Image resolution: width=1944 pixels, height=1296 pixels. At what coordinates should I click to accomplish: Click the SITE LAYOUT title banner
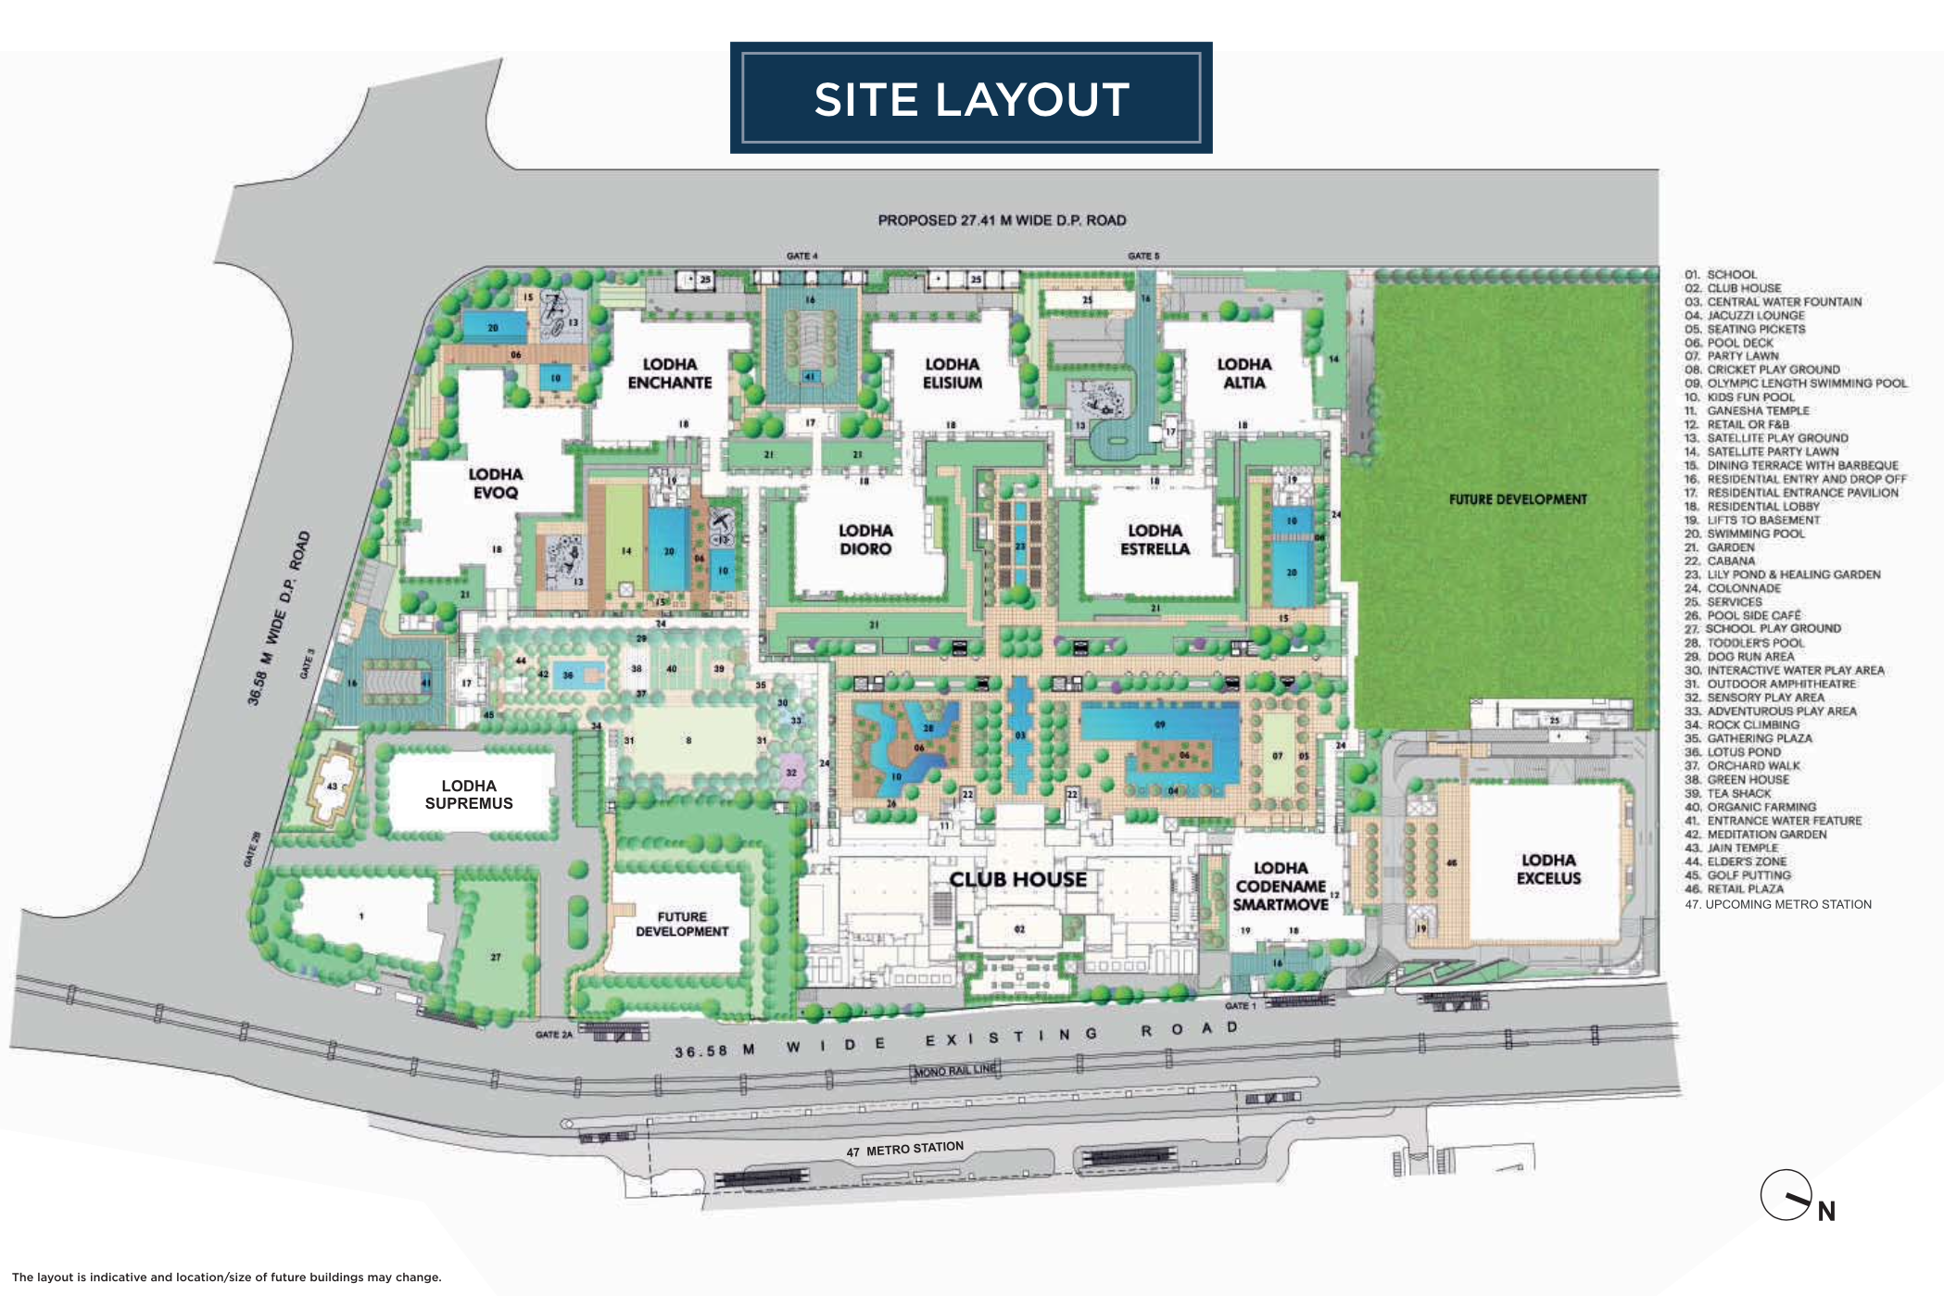click(x=971, y=98)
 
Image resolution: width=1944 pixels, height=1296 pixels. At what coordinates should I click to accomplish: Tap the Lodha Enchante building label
click(x=669, y=373)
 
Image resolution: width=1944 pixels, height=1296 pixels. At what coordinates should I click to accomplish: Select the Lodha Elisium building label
click(x=952, y=373)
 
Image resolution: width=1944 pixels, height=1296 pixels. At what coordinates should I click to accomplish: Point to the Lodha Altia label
click(x=1243, y=373)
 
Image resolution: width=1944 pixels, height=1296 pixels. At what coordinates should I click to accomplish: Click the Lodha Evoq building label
click(x=496, y=483)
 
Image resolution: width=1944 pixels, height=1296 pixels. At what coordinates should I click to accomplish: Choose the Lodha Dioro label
click(x=865, y=539)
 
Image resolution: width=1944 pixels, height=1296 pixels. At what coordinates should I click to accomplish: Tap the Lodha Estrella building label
click(x=1155, y=539)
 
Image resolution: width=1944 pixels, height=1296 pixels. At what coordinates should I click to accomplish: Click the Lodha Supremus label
click(x=469, y=795)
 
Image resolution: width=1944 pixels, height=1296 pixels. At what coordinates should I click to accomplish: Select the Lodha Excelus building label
click(x=1548, y=869)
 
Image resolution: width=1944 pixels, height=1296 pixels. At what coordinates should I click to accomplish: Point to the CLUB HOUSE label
click(x=1017, y=879)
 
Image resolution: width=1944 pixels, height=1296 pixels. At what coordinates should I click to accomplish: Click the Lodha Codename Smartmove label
click(x=1281, y=886)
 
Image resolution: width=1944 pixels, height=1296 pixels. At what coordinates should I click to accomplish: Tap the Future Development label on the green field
click(x=1518, y=499)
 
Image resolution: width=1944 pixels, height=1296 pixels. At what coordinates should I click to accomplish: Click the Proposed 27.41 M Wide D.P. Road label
click(x=1002, y=220)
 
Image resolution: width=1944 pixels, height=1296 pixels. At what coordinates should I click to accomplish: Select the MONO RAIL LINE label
click(x=955, y=1070)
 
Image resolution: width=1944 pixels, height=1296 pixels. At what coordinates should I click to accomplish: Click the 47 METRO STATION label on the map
click(x=905, y=1150)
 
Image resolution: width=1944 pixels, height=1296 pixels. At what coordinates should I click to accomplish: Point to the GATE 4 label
click(x=802, y=256)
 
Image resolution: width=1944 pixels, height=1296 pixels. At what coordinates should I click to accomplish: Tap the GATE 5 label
click(x=1143, y=256)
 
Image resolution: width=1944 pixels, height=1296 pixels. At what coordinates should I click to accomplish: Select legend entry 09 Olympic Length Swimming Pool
click(x=1796, y=384)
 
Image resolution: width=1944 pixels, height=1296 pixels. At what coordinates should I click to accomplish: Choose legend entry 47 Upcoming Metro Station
click(x=1778, y=904)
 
